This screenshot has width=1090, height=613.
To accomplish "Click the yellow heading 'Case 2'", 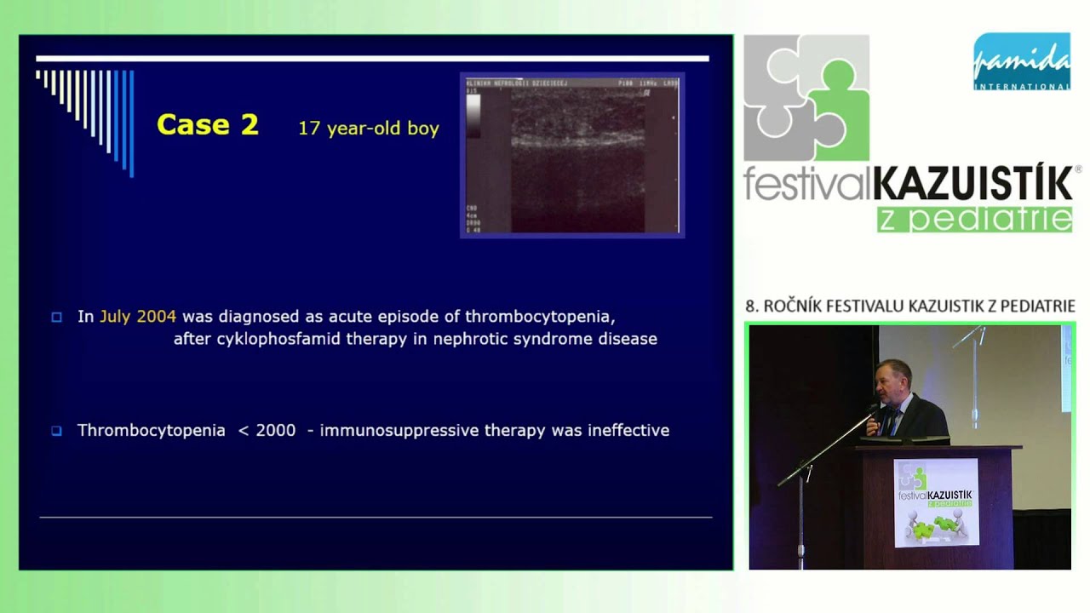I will (207, 125).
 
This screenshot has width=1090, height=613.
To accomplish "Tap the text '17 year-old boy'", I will (368, 129).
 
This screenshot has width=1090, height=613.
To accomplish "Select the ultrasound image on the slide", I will (572, 155).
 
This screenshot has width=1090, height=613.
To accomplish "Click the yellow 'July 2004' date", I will (138, 317).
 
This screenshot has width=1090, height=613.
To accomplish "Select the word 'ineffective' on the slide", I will (628, 431).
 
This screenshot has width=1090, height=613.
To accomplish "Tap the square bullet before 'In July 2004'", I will (57, 318).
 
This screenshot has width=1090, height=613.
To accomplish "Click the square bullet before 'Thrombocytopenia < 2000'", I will (57, 431).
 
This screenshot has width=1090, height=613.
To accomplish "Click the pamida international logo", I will (1021, 61).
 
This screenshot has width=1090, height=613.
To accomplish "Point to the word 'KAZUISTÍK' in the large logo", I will (972, 185).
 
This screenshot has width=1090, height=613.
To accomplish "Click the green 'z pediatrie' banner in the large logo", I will (974, 218).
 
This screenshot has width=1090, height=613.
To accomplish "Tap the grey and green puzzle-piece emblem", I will (806, 98).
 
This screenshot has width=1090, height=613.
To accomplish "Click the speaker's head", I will (896, 375).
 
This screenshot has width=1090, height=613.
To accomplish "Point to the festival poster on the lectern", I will (936, 502).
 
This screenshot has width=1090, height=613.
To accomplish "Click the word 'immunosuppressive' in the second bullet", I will (400, 431).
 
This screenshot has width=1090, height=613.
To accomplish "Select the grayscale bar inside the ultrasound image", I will (473, 116).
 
